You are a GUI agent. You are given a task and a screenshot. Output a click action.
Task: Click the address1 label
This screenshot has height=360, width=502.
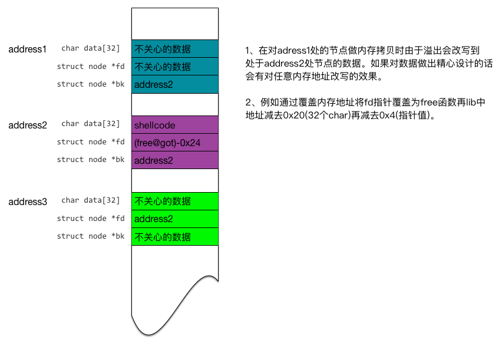tap(27, 49)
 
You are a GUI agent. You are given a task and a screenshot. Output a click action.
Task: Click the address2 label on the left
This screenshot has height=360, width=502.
tap(27, 125)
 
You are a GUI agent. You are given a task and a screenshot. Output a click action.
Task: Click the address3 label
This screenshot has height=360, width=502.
tap(27, 202)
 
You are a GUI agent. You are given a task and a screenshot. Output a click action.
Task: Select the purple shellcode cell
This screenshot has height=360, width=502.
tap(174, 125)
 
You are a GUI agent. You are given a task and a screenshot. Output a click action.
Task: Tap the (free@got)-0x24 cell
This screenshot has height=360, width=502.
tap(174, 142)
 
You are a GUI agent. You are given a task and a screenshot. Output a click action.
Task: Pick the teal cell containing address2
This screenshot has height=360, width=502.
tap(174, 84)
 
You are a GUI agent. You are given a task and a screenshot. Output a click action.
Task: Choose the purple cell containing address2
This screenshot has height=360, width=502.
tap(174, 160)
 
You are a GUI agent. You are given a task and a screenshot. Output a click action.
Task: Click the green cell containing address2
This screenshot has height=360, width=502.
tap(174, 219)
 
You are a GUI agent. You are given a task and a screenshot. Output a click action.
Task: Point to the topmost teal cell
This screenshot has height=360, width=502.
tap(174, 49)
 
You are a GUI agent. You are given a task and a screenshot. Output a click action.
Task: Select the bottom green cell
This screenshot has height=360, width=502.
tap(174, 236)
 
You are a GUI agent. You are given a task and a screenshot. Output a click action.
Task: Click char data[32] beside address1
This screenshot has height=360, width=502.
tap(90, 49)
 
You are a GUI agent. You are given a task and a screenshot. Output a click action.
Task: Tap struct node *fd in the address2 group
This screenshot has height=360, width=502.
tap(91, 142)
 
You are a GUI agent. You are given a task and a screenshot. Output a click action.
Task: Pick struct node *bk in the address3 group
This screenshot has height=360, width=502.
tap(91, 236)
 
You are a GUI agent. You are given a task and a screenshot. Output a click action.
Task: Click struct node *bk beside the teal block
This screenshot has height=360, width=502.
tap(91, 84)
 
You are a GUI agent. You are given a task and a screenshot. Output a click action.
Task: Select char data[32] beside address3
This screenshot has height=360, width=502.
tap(90, 201)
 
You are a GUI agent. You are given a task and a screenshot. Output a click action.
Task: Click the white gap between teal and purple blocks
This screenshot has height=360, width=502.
tap(174, 104)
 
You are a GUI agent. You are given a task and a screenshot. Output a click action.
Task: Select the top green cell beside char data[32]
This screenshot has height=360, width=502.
tap(174, 202)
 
